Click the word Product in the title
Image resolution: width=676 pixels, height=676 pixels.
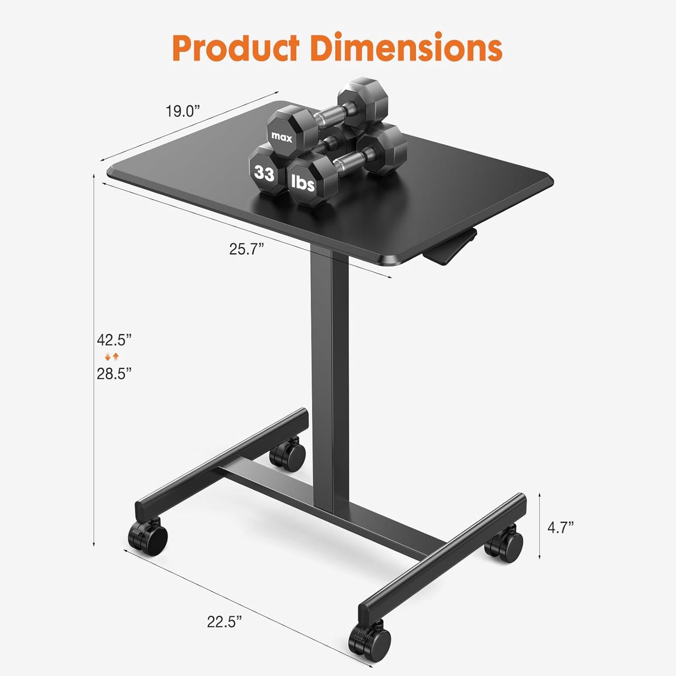(x=235, y=48)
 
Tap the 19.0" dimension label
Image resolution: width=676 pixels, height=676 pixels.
(x=182, y=111)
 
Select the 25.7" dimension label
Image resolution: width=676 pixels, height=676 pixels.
(x=247, y=249)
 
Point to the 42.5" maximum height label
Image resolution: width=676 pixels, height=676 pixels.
(x=114, y=340)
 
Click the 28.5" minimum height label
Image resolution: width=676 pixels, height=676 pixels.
(x=114, y=373)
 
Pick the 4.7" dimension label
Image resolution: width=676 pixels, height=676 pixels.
(x=560, y=528)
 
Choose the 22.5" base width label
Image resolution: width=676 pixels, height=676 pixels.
(x=225, y=622)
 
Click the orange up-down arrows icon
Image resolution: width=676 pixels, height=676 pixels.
(x=112, y=357)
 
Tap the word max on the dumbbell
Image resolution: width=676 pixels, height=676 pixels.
(x=282, y=138)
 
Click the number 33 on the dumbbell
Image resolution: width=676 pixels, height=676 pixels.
(x=264, y=174)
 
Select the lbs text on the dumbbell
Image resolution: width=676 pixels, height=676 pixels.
(x=303, y=182)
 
